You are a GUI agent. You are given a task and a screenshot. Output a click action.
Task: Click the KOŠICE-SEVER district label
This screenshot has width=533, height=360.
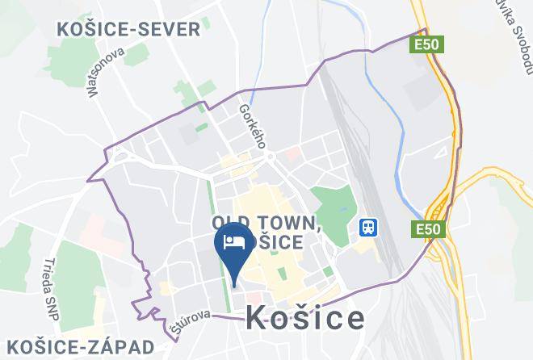[x=128, y=30]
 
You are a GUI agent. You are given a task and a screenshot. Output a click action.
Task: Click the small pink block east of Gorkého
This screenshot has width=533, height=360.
[x=292, y=152]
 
